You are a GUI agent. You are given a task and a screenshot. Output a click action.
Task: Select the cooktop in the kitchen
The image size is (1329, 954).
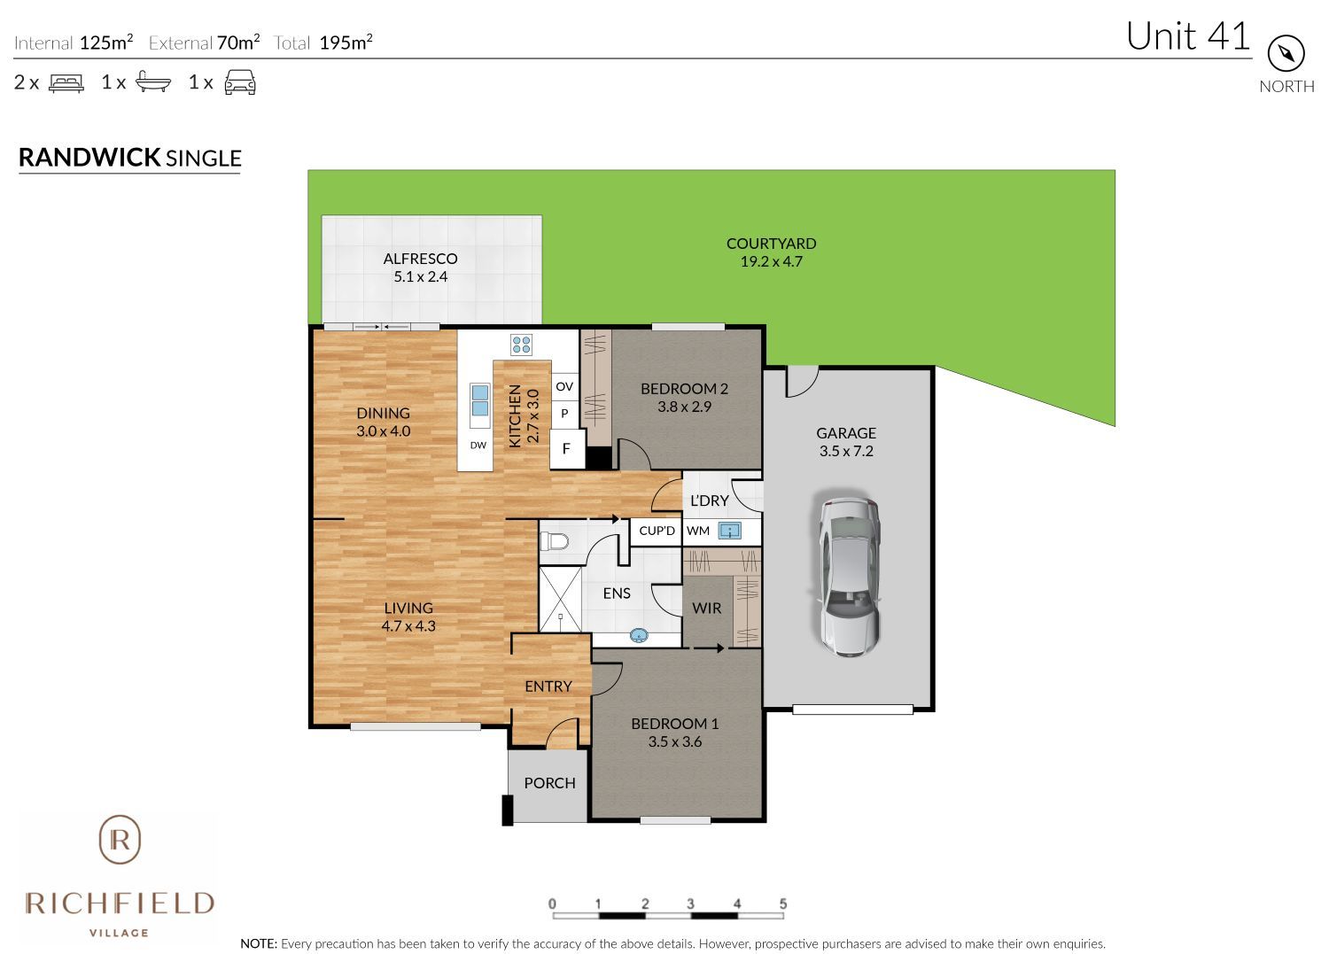pyautogui.click(x=521, y=344)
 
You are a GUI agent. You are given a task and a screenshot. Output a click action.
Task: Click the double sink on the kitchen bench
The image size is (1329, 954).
pyautogui.click(x=479, y=400)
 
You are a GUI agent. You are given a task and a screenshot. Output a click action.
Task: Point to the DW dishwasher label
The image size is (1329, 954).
pyautogui.click(x=478, y=445)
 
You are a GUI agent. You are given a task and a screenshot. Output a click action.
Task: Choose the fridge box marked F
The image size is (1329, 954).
pyautogui.click(x=566, y=449)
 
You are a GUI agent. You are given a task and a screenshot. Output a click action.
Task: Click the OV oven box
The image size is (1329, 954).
pyautogui.click(x=564, y=386)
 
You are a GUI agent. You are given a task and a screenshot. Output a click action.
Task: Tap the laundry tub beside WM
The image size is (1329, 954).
pyautogui.click(x=729, y=531)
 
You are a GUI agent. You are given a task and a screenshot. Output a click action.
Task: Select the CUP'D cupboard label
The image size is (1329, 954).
pyautogui.click(x=657, y=531)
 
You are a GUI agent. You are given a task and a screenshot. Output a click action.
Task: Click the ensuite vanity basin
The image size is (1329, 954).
pyautogui.click(x=638, y=635)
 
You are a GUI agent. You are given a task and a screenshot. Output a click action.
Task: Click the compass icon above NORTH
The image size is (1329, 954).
pyautogui.click(x=1286, y=54)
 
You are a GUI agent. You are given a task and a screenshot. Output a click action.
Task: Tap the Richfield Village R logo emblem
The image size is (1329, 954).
pyautogui.click(x=120, y=839)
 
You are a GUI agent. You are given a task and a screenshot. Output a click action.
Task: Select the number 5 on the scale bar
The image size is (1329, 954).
pyautogui.click(x=783, y=904)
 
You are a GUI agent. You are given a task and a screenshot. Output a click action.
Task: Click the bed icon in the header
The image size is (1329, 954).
pyautogui.click(x=66, y=82)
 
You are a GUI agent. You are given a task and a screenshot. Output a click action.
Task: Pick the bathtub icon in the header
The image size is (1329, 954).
pyautogui.click(x=152, y=82)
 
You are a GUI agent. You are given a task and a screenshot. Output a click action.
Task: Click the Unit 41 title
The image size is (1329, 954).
pyautogui.click(x=1187, y=36)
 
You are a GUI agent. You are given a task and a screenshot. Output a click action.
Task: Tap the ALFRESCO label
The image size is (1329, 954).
pyautogui.click(x=420, y=259)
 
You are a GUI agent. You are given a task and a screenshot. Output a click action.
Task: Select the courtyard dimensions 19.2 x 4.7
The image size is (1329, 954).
pyautogui.click(x=771, y=261)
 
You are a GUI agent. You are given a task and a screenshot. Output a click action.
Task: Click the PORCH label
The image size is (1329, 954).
pyautogui.click(x=549, y=783)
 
